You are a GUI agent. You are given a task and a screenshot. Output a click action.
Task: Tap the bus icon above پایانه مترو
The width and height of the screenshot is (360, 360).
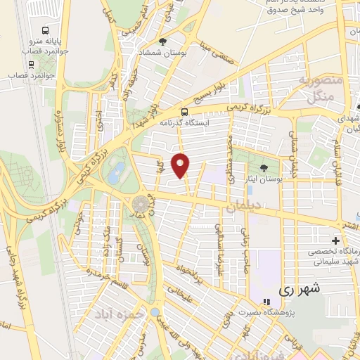point(46,31)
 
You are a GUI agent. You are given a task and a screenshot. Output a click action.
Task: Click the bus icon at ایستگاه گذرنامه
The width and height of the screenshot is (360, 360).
point(184,111)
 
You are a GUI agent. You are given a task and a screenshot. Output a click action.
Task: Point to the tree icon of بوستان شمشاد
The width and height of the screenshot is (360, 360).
point(164,42)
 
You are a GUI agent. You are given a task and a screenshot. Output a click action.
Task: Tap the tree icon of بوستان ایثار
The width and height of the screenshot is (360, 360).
point(264,167)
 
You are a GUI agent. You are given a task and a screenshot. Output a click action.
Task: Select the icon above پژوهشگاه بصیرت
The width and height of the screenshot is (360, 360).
point(266,302)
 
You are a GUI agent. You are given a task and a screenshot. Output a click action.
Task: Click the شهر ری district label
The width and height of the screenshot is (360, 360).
point(299,288)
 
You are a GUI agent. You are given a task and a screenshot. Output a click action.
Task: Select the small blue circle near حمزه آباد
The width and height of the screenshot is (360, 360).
point(155,311)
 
